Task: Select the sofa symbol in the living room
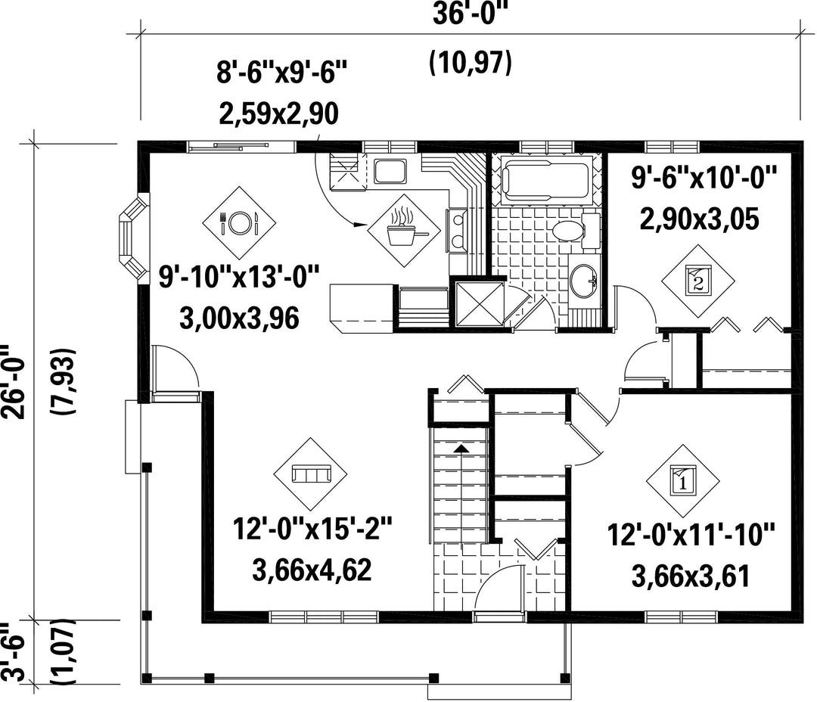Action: (x=312, y=474)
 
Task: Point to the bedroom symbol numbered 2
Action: (x=698, y=281)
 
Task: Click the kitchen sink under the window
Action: (x=390, y=172)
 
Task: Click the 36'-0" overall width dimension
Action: (x=470, y=15)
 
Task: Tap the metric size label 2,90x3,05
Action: (x=699, y=219)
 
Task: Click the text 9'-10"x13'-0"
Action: (x=238, y=277)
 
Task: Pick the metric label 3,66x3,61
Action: (x=691, y=576)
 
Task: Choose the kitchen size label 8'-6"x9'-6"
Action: (x=281, y=71)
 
